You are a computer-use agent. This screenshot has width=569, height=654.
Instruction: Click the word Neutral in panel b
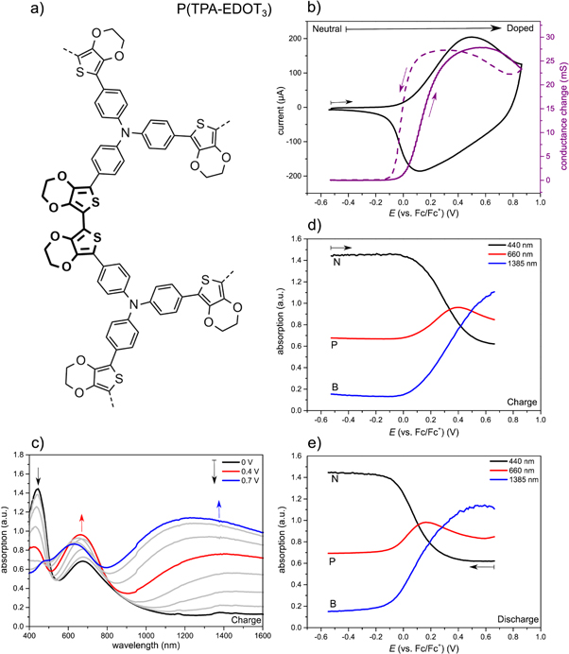[326, 30]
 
